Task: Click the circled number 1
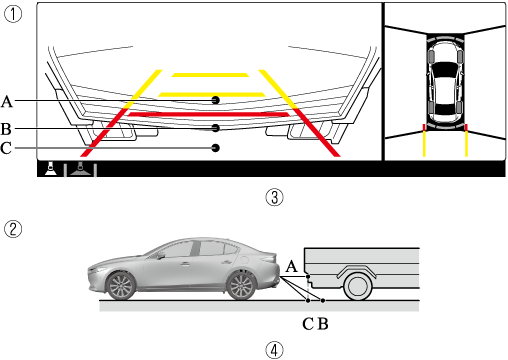tap(13, 14)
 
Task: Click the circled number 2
tap(13, 229)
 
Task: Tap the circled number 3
tap(274, 197)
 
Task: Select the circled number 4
tap(274, 351)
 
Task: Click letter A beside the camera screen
tap(7, 101)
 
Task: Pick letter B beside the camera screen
tap(6, 129)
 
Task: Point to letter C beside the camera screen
tap(6, 148)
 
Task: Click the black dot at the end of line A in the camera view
tap(216, 100)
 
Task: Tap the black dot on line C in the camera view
tap(216, 148)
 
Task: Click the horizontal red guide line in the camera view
tap(209, 115)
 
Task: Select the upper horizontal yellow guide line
tap(210, 75)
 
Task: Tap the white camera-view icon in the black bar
tap(51, 169)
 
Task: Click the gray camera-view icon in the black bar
tap(80, 169)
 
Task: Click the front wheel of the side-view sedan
tap(120, 286)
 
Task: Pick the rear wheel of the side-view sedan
tap(240, 286)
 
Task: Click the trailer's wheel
tap(358, 286)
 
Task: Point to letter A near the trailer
tap(292, 266)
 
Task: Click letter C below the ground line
tap(308, 324)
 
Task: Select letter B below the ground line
tap(323, 324)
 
